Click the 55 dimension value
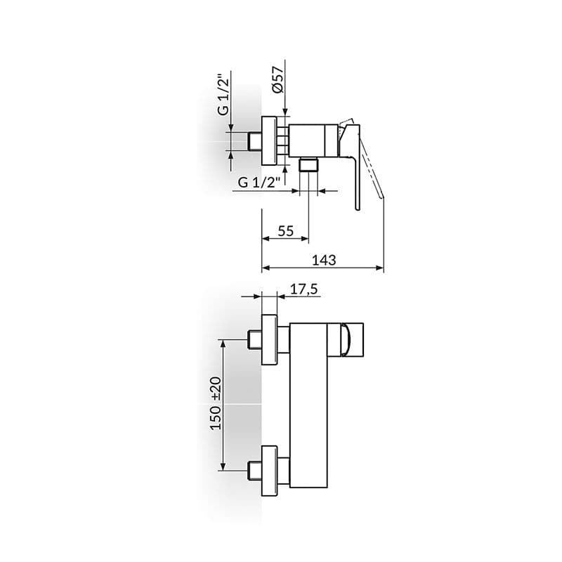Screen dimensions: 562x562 tap(285, 231)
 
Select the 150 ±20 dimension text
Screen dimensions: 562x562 tap(216, 403)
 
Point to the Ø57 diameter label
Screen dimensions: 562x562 tap(277, 79)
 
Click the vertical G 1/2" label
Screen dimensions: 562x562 tap(222, 96)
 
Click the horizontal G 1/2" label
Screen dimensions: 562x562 tap(259, 183)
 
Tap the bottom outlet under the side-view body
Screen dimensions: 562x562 tap(308, 165)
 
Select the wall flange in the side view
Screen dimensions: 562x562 tap(269, 140)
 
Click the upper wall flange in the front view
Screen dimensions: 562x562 tap(270, 341)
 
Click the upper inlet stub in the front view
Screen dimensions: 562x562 tap(255, 341)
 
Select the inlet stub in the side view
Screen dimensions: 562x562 tap(254, 140)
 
